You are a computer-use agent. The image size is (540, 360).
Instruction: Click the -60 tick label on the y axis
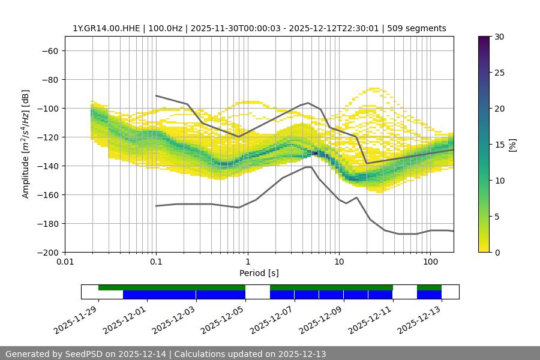[x=49, y=50]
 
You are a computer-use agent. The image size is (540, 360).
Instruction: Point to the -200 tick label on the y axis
[x=47, y=252]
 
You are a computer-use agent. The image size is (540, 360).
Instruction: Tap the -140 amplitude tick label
[x=47, y=166]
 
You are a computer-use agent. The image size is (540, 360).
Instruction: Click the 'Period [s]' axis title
[x=259, y=273]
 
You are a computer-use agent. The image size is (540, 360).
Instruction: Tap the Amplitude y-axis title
[x=25, y=144]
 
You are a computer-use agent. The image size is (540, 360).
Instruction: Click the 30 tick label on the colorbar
[x=499, y=37]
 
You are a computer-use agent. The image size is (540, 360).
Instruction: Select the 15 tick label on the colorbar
[x=499, y=145]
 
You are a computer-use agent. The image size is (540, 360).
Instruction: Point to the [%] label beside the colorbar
[x=512, y=145]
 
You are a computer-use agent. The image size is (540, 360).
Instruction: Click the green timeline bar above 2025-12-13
[x=429, y=287]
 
